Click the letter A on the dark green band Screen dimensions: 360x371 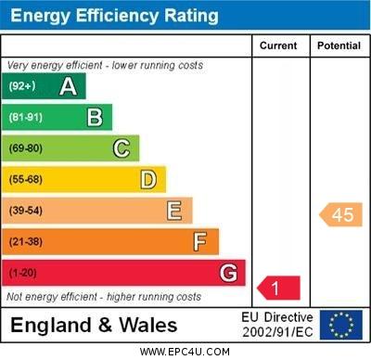(68, 86)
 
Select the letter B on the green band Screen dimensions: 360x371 (95, 117)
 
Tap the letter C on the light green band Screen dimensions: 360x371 (122, 148)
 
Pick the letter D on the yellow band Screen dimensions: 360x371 (148, 179)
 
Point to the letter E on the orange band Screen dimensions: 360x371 (174, 211)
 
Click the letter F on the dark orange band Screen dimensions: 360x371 (200, 242)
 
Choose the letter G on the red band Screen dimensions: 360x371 (228, 273)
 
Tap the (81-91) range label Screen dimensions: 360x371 (25, 118)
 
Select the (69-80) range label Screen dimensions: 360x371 (25, 148)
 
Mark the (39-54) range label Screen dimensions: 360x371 (25, 211)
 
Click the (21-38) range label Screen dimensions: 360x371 (25, 242)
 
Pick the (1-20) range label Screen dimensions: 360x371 (22, 274)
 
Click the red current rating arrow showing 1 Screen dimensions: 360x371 (278, 289)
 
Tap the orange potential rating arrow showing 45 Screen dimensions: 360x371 (341, 215)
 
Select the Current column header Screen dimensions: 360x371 (278, 45)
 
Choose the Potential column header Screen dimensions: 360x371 (339, 45)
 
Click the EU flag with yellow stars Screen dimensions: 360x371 (341, 325)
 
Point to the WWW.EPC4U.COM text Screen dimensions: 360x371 (185, 352)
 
